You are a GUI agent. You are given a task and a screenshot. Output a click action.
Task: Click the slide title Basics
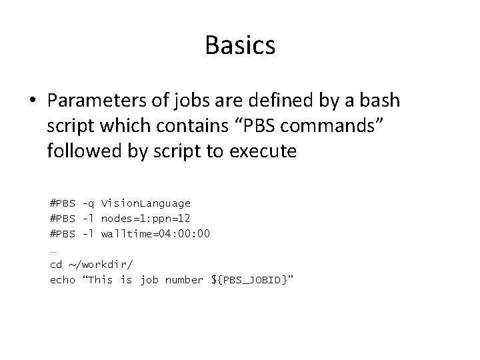(240, 45)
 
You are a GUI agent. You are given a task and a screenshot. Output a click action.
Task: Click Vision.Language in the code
(146, 203)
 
